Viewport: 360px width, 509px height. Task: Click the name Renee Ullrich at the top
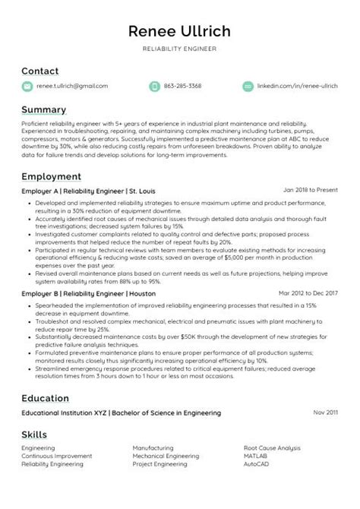(179, 31)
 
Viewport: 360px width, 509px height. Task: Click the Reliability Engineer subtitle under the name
(179, 49)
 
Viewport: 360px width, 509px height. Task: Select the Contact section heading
(39, 71)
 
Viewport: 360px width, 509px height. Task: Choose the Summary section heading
(44, 109)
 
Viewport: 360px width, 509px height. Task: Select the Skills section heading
(34, 435)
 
